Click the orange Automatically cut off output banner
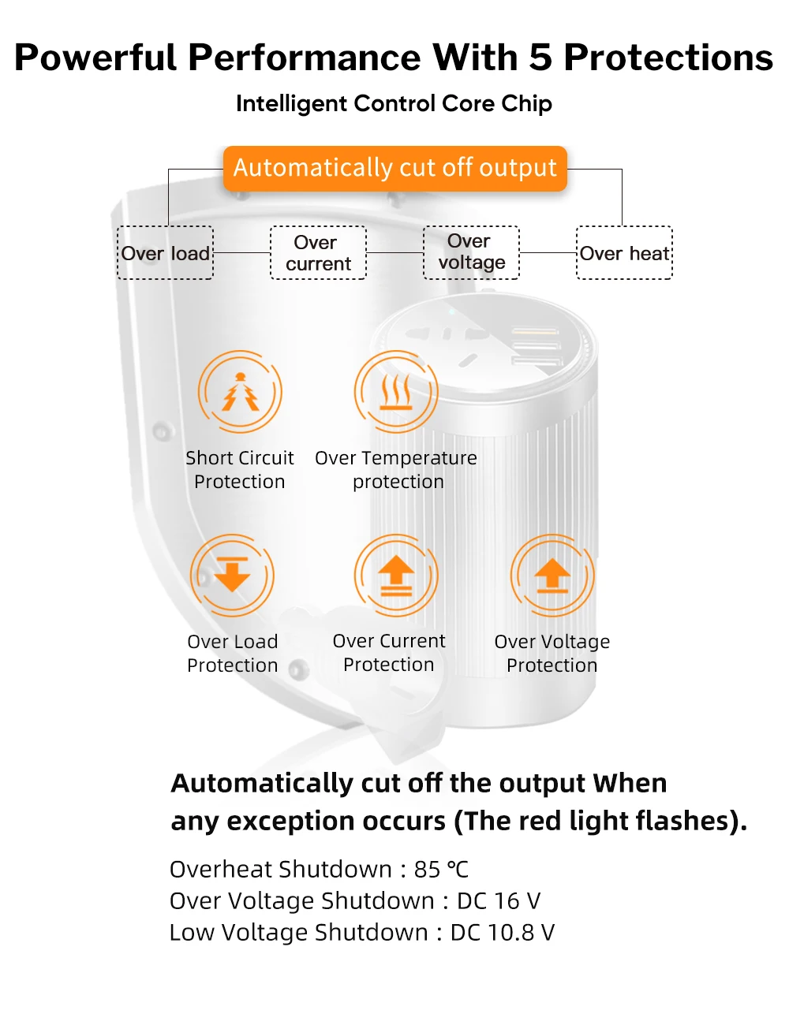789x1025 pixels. pyautogui.click(x=395, y=168)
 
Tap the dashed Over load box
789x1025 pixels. pyautogui.click(x=166, y=253)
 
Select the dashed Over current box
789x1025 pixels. pyautogui.click(x=319, y=253)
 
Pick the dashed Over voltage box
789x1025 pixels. pyautogui.click(x=472, y=252)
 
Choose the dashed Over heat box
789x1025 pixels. pyautogui.click(x=625, y=253)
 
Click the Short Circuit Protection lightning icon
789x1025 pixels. pyautogui.click(x=240, y=392)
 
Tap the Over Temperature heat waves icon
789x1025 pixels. pyautogui.click(x=396, y=392)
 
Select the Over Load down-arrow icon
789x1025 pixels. pyautogui.click(x=233, y=575)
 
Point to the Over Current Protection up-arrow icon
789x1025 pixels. pyautogui.click(x=396, y=575)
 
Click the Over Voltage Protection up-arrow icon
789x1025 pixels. pyautogui.click(x=552, y=575)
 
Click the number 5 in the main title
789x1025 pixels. pyautogui.click(x=540, y=58)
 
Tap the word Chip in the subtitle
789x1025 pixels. pyautogui.click(x=526, y=103)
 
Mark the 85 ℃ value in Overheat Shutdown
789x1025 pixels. pyautogui.click(x=441, y=869)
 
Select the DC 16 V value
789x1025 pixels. pyautogui.click(x=499, y=900)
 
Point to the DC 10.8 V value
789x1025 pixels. pyautogui.click(x=503, y=932)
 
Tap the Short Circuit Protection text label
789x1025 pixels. pyautogui.click(x=240, y=470)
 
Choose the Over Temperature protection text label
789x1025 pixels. pyautogui.click(x=396, y=470)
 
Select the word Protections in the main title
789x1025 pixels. pyautogui.click(x=668, y=58)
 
